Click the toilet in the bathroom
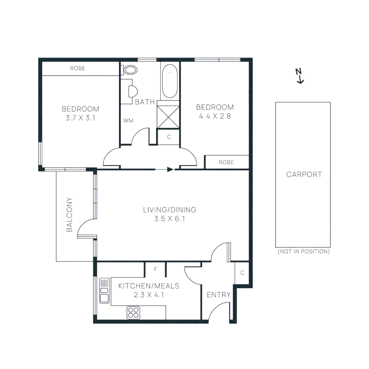point(130,70)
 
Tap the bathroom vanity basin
point(132,91)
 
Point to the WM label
point(128,120)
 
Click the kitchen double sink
point(105,290)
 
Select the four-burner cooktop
point(134,313)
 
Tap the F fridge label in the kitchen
point(155,269)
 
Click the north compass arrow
point(300,76)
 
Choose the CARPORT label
point(304,174)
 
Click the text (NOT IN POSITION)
point(303,251)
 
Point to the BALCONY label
point(69,215)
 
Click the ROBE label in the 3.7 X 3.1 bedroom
point(78,68)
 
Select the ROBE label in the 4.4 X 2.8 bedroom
point(226,162)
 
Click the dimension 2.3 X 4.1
point(149,295)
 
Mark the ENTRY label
point(219,295)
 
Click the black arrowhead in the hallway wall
point(170,169)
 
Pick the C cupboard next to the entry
point(242,273)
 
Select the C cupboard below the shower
point(168,137)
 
